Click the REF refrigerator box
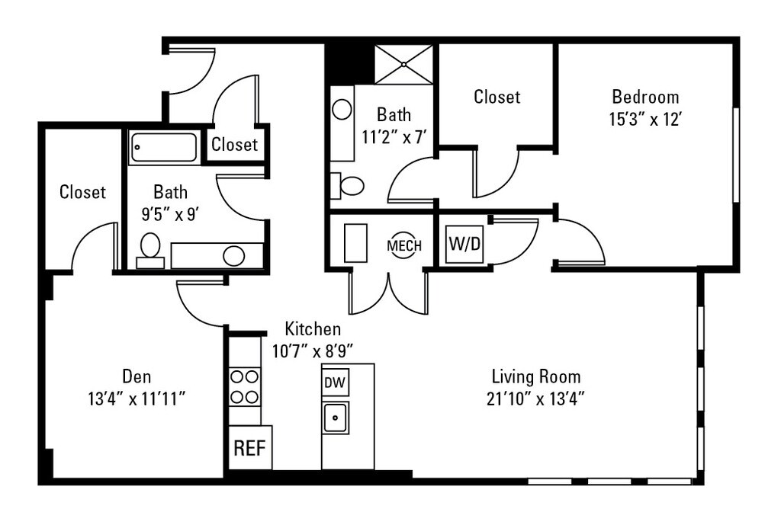click(x=250, y=447)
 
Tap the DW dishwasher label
click(x=335, y=383)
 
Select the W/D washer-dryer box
click(x=464, y=245)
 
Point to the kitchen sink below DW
click(x=335, y=418)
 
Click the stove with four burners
click(x=245, y=386)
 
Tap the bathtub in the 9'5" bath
click(x=163, y=147)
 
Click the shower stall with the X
click(x=403, y=64)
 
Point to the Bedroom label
click(x=645, y=98)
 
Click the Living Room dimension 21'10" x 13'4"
click(x=536, y=397)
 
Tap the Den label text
click(x=137, y=376)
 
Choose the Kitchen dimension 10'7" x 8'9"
click(x=312, y=351)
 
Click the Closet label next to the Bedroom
click(x=497, y=97)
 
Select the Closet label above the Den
click(x=82, y=192)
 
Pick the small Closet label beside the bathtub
click(x=234, y=145)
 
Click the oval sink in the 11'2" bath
click(x=342, y=110)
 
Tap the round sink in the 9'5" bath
click(x=233, y=256)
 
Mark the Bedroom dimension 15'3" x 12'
click(x=645, y=120)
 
